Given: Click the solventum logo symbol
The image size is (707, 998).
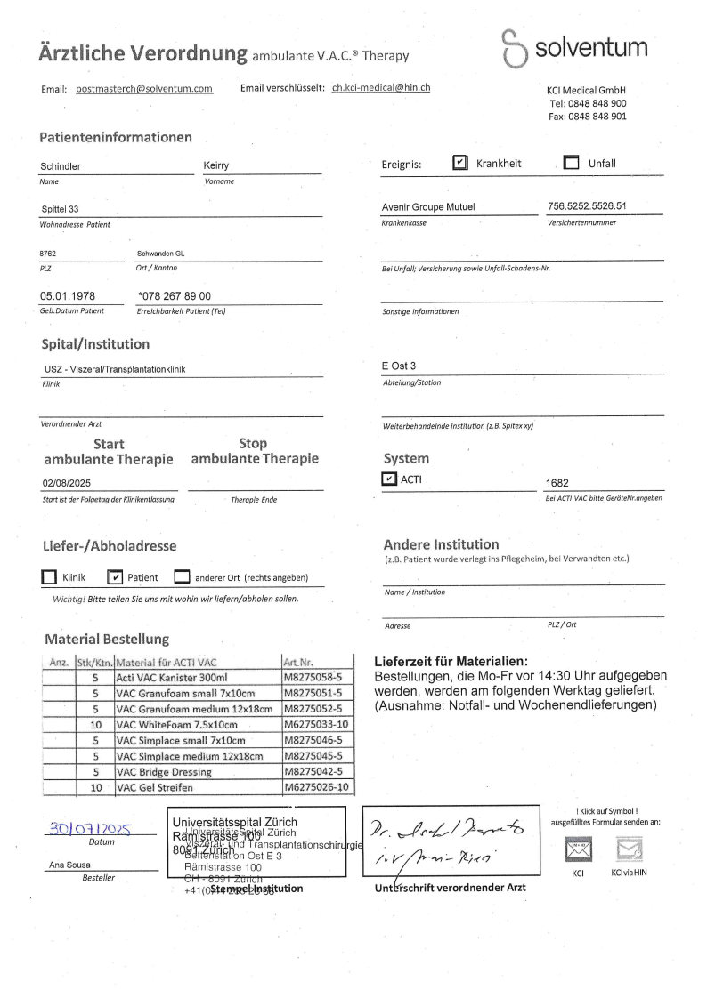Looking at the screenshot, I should [x=514, y=48].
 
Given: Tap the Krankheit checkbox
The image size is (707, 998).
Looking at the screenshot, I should [x=459, y=163].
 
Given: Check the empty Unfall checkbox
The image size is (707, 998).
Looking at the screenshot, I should [x=572, y=163].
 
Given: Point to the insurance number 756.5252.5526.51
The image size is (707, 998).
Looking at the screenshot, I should [x=588, y=206].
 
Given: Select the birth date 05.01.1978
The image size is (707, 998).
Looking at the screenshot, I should [x=68, y=296].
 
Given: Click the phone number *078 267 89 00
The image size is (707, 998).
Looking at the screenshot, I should [x=175, y=296].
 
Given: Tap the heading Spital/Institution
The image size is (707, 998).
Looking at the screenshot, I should [x=95, y=344].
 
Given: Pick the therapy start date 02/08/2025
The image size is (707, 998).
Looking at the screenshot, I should [x=67, y=483].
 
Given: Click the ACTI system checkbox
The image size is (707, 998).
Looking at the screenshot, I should [x=389, y=479].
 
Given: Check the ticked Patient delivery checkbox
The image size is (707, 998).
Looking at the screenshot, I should [x=115, y=577].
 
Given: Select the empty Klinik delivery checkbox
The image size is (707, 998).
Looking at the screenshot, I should [x=49, y=577].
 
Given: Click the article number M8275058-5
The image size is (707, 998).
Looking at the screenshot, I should [x=316, y=677].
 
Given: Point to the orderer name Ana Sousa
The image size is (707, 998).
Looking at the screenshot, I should [x=69, y=865].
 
